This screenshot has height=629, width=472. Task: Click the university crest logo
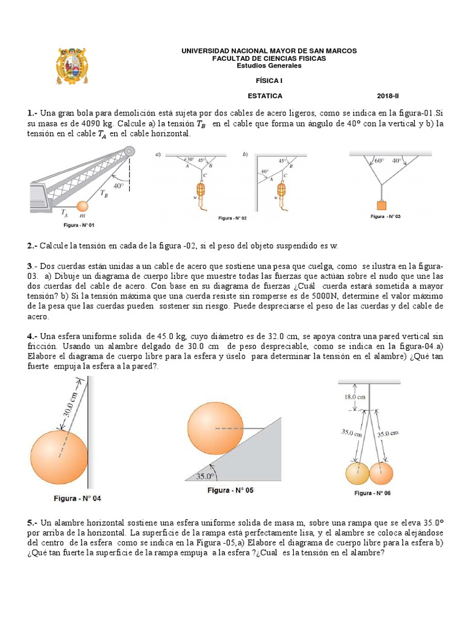[x=73, y=66]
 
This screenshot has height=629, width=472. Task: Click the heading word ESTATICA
[x=265, y=96]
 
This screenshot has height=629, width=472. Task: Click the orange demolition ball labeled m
[x=82, y=208]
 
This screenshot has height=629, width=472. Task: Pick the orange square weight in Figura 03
[x=382, y=205]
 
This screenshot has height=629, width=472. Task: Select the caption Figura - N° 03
[x=385, y=217]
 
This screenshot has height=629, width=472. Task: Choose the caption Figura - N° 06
[x=372, y=493]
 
